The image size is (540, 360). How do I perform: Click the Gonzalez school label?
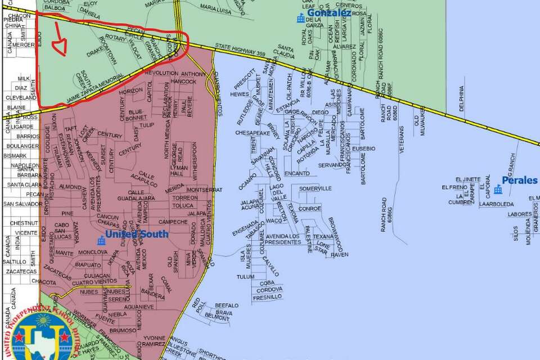click(x=329, y=12)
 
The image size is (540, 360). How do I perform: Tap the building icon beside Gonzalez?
click(x=301, y=19)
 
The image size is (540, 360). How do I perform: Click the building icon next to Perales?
click(x=498, y=189)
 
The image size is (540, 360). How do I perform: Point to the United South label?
click(x=137, y=234)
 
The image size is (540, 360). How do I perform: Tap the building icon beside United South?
click(x=101, y=241)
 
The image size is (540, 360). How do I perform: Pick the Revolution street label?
click(x=165, y=74)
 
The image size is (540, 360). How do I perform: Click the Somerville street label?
click(x=315, y=188)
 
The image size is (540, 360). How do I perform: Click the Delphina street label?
click(x=462, y=98)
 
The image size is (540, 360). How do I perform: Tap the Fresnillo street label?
click(x=267, y=296)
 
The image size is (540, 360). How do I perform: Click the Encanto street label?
click(x=297, y=174)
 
